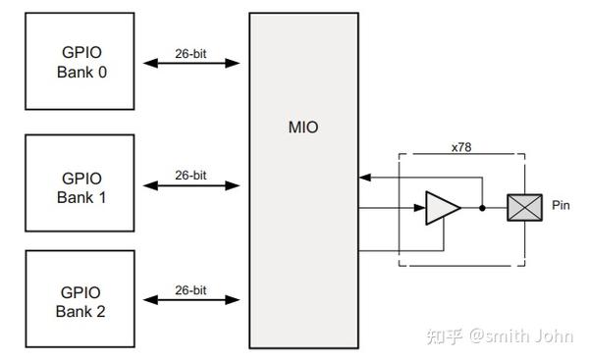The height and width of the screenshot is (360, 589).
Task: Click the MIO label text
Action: pyautogui.click(x=304, y=128)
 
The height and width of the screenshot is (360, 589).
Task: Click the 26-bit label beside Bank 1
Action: pyautogui.click(x=190, y=175)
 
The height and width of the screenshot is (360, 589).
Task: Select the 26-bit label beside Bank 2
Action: pyautogui.click(x=190, y=290)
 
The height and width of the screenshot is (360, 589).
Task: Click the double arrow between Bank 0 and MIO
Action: pyautogui.click(x=191, y=64)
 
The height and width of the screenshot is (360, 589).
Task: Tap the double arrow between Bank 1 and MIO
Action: pyautogui.click(x=191, y=184)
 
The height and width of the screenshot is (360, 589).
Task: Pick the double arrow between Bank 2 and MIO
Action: pyautogui.click(x=191, y=300)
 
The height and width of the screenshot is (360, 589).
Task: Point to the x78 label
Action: pyautogui.click(x=461, y=146)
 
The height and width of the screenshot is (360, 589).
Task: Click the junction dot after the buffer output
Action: pyautogui.click(x=482, y=208)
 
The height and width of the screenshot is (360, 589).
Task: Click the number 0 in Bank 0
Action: pyautogui.click(x=102, y=72)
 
